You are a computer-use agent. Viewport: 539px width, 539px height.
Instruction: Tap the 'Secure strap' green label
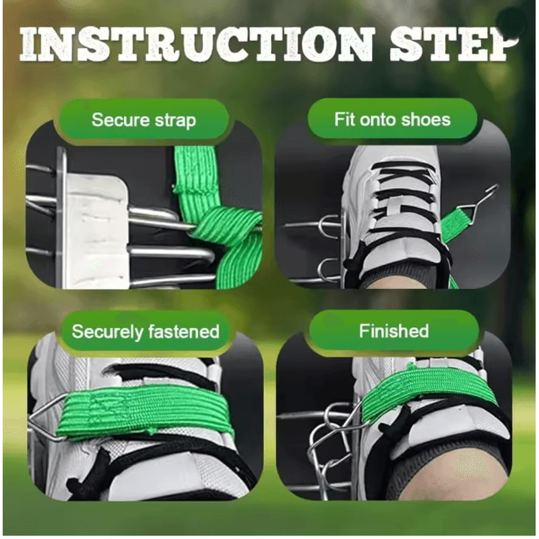coord(144,121)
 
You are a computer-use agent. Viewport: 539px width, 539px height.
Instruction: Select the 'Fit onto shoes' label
coord(392,120)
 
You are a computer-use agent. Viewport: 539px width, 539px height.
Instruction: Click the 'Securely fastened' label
coord(146,331)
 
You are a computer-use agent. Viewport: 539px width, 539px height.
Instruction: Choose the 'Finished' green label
coord(393,331)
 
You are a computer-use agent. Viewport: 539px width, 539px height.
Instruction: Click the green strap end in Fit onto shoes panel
coord(458,222)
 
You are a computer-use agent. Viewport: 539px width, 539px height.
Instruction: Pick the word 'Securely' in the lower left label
coord(107,331)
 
